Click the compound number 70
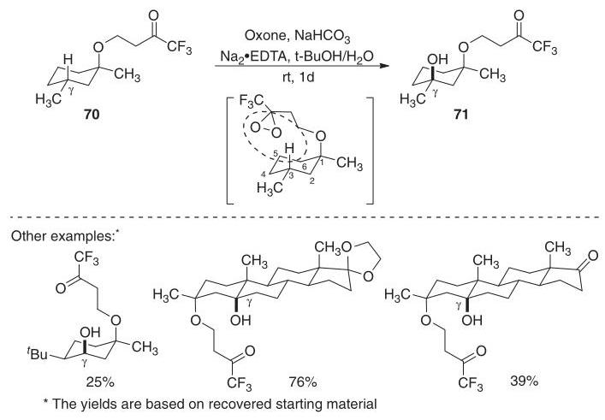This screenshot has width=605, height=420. [x=92, y=115]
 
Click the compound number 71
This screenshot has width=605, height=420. [x=460, y=115]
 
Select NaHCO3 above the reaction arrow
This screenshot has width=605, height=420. [x=322, y=37]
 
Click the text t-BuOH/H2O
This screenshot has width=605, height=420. [x=330, y=57]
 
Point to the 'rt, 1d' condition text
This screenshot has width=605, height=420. [x=299, y=78]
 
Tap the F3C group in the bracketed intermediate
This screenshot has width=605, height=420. [x=252, y=102]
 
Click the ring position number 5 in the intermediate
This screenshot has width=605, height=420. [x=275, y=153]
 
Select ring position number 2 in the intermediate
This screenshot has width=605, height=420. [x=311, y=180]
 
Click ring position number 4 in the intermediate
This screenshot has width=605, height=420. [x=264, y=175]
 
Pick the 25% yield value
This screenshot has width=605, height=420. [x=100, y=382]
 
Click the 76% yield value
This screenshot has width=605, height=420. [x=303, y=382]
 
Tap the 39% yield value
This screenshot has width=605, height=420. [x=524, y=381]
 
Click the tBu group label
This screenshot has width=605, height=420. [x=38, y=353]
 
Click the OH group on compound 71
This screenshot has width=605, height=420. [x=437, y=59]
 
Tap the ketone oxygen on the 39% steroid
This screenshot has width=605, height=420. [x=593, y=255]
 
